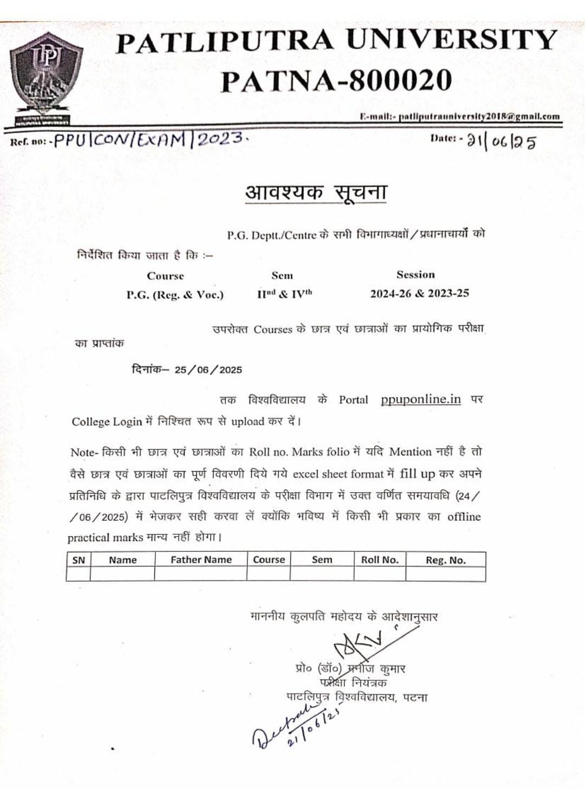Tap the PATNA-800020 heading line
336,81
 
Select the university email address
479,116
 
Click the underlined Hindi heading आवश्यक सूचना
316,192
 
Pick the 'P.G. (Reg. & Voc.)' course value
175,295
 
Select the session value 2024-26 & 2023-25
419,293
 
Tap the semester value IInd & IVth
284,294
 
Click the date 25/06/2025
208,370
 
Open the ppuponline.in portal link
420,399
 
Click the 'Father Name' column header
201,560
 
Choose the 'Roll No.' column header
380,560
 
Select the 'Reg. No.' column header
445,560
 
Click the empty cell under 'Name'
122,573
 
